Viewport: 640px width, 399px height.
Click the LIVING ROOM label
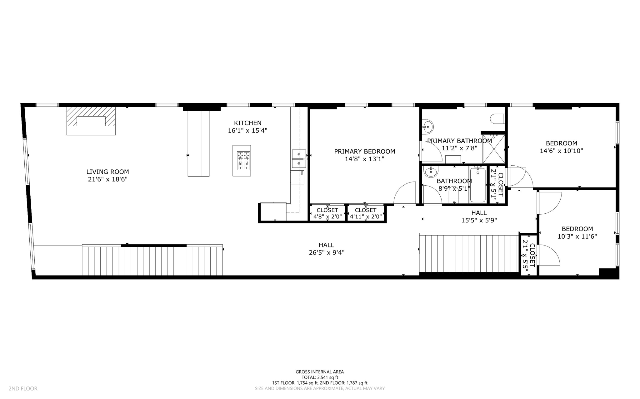click(107, 172)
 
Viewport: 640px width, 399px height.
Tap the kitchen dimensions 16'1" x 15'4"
click(247, 131)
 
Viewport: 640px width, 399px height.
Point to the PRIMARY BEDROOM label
click(364, 151)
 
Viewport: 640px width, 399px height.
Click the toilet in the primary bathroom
click(497, 119)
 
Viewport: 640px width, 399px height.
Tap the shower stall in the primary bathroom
click(494, 149)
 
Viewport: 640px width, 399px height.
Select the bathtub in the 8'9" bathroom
click(477, 185)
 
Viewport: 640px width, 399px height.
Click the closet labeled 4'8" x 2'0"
click(327, 213)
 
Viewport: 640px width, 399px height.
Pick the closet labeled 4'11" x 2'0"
click(365, 213)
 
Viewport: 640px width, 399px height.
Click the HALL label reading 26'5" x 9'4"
click(327, 249)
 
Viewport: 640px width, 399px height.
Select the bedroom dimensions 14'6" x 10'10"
click(561, 151)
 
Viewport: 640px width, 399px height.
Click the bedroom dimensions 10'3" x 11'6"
click(577, 236)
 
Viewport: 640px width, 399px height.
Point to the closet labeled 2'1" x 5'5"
click(529, 255)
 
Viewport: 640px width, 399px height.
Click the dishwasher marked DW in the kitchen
click(298, 177)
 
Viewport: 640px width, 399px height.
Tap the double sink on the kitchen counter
click(298, 158)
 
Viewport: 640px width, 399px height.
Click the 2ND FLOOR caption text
click(23, 388)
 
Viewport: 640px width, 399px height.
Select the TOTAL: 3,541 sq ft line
click(320, 377)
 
